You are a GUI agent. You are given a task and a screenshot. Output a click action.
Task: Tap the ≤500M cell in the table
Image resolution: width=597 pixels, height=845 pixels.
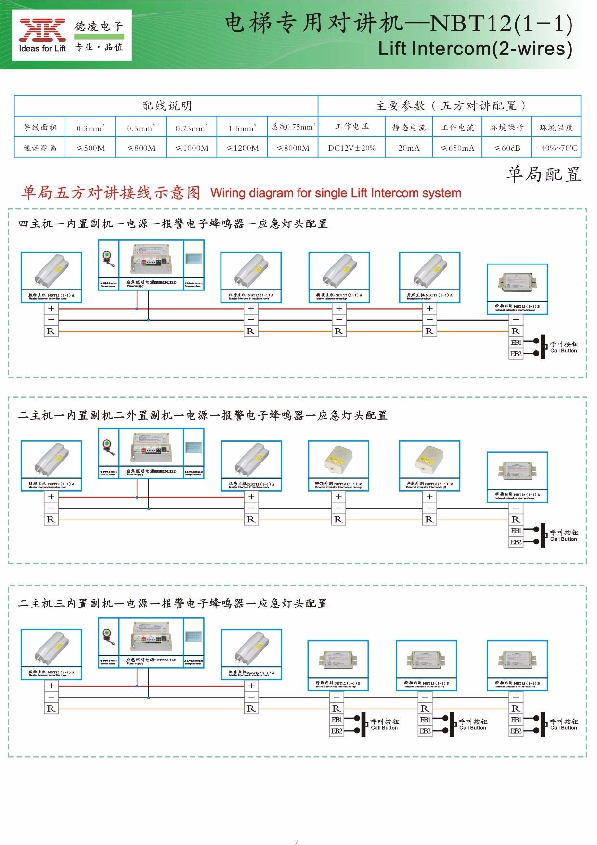tap(91, 148)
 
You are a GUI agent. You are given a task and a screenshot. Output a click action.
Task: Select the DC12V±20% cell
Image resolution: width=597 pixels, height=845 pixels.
tap(351, 148)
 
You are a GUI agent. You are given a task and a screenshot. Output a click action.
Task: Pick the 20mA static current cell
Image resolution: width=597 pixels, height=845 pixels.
tap(409, 148)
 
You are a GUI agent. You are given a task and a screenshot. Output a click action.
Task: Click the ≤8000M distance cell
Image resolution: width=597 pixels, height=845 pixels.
tap(293, 148)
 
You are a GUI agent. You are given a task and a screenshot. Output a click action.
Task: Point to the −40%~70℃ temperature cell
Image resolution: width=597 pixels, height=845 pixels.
tap(556, 148)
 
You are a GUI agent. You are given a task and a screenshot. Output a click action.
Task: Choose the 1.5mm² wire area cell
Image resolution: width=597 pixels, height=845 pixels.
tap(242, 128)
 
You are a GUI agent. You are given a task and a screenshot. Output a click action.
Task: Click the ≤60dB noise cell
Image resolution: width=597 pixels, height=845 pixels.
tap(507, 148)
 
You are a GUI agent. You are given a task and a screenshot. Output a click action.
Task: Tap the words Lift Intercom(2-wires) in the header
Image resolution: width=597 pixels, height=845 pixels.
tap(475, 49)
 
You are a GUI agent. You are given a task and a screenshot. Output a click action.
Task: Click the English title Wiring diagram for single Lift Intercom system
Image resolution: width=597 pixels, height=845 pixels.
tap(336, 193)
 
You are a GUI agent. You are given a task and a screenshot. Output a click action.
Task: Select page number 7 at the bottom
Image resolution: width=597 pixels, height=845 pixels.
tap(296, 842)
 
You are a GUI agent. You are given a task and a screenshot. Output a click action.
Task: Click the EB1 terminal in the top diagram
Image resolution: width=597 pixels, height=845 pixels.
tap(516, 343)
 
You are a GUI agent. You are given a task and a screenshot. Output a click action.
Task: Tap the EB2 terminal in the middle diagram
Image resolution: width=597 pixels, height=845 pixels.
tap(516, 542)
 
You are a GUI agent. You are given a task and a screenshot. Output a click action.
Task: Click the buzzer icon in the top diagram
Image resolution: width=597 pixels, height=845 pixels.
tap(108, 260)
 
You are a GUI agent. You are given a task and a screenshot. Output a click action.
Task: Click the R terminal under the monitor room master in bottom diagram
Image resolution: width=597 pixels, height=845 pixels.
tap(51, 709)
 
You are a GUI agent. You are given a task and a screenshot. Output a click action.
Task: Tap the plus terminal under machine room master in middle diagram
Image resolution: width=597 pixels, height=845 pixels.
tap(251, 497)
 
